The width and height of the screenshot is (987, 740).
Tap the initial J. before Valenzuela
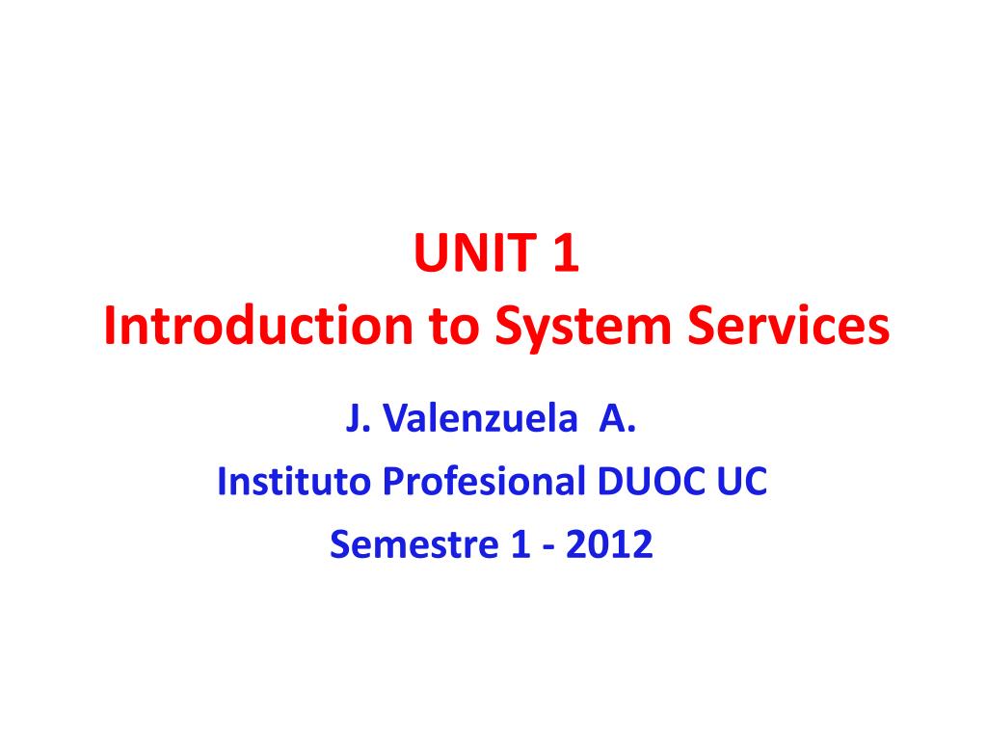coord(354,420)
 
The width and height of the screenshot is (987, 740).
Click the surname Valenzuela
coord(478,420)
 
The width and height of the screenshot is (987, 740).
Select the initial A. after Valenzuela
coord(620,420)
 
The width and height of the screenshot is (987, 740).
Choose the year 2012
coord(609,545)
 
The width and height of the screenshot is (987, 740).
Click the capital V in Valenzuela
coord(391,420)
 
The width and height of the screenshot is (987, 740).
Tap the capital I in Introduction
coord(111,329)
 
